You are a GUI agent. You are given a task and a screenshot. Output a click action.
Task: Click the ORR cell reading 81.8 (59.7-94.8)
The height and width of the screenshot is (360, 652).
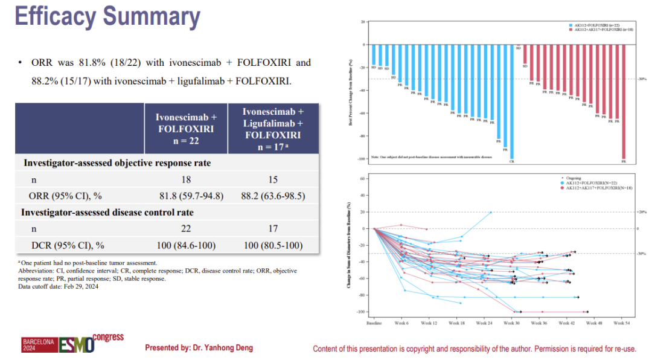pos(185,196)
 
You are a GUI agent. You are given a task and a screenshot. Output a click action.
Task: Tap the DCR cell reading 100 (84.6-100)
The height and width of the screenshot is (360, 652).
pos(185,246)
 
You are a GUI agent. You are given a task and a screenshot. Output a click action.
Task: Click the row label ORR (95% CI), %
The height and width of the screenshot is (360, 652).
pos(65,196)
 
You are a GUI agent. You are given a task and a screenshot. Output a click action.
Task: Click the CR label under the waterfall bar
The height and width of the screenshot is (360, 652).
pos(512,162)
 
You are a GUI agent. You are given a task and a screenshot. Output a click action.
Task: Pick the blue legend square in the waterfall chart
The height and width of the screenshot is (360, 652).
pos(570,25)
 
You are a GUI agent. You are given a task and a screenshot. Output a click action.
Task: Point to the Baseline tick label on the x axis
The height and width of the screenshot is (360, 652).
pos(374,323)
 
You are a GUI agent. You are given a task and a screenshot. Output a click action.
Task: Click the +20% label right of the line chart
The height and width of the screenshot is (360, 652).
pos(642,212)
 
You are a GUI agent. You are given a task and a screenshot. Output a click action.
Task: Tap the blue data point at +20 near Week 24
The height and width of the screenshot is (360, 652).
pos(491,212)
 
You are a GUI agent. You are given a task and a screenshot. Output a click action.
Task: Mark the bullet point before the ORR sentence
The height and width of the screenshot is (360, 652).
pos(20,63)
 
